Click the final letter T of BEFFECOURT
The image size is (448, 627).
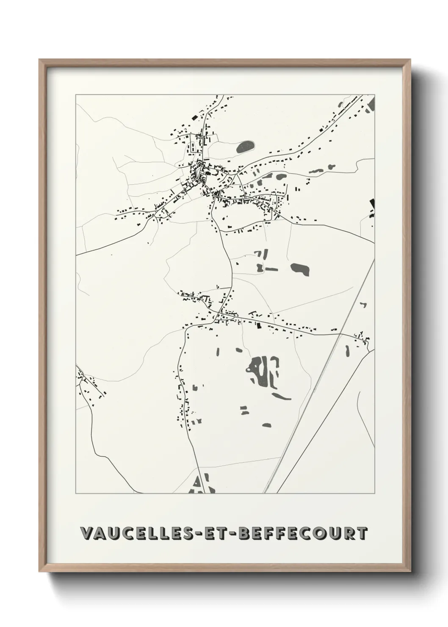362,533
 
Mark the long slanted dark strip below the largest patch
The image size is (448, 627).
281,397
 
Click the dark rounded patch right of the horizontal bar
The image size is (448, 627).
300,268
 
